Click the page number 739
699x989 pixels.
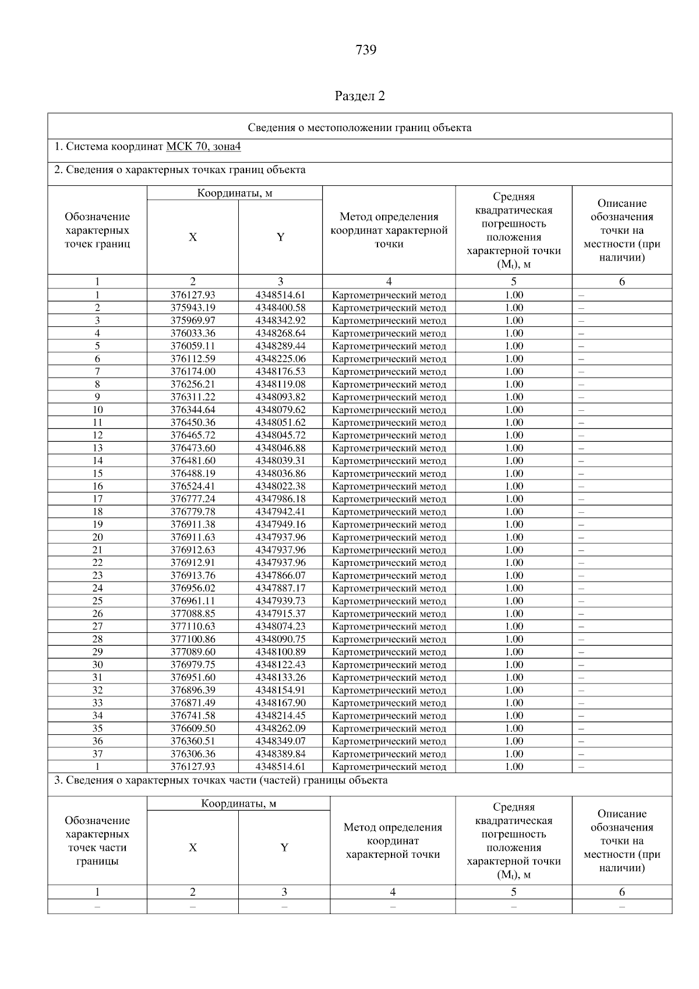[366, 50]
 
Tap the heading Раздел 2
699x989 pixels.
[360, 96]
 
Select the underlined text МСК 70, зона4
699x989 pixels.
[203, 147]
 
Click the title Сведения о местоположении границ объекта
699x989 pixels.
[359, 128]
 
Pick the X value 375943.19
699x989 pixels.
[193, 308]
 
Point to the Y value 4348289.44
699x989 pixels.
[280, 346]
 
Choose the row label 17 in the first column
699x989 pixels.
[97, 499]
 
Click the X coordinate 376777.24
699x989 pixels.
[193, 499]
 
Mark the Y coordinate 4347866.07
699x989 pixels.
[280, 576]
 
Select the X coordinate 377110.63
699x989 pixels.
[193, 627]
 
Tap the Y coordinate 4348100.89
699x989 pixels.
[280, 652]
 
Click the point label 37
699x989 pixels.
[97, 754]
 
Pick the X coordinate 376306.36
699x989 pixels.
[193, 754]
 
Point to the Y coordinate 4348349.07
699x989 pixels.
[280, 741]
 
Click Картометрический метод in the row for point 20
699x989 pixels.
[389, 537]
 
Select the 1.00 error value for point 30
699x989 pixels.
[514, 665]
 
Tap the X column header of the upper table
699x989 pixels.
[193, 237]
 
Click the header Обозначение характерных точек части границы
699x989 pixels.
[97, 841]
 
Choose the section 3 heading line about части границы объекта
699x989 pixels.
[221, 780]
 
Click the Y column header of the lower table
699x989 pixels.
[284, 848]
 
